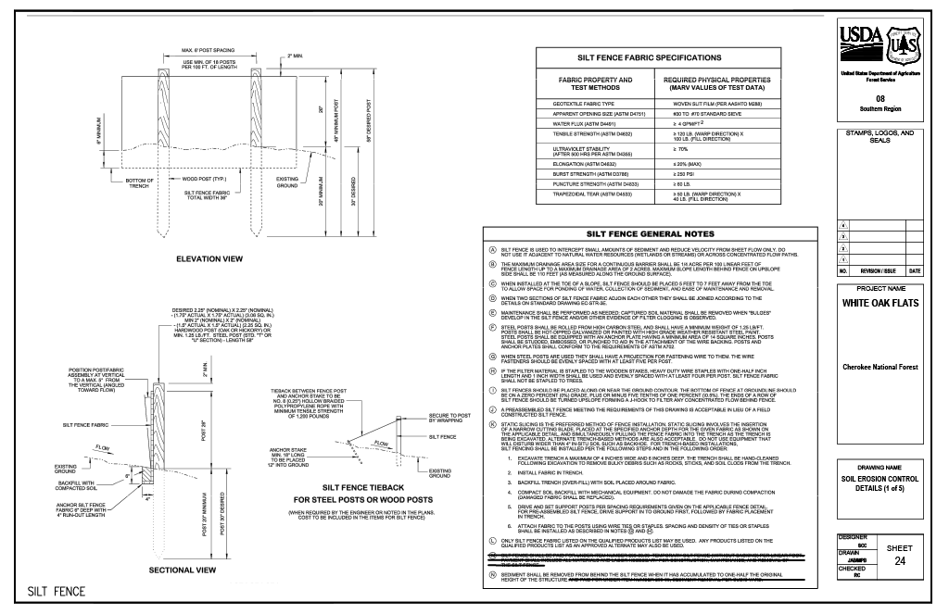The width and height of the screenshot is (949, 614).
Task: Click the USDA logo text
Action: (861, 38)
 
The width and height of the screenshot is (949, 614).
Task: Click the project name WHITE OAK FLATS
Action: (879, 303)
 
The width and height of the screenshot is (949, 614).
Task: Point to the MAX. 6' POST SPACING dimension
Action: (208, 49)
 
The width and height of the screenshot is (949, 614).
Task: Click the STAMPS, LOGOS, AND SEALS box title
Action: (879, 136)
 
